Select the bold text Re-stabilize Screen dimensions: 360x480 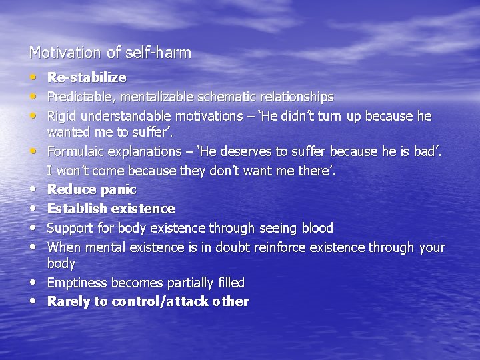point(87,78)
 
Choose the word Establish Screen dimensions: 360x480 point(74,209)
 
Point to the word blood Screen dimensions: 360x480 point(317,229)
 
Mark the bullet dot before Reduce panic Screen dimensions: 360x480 point(34,190)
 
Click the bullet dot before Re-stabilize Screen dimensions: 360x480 point(34,78)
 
